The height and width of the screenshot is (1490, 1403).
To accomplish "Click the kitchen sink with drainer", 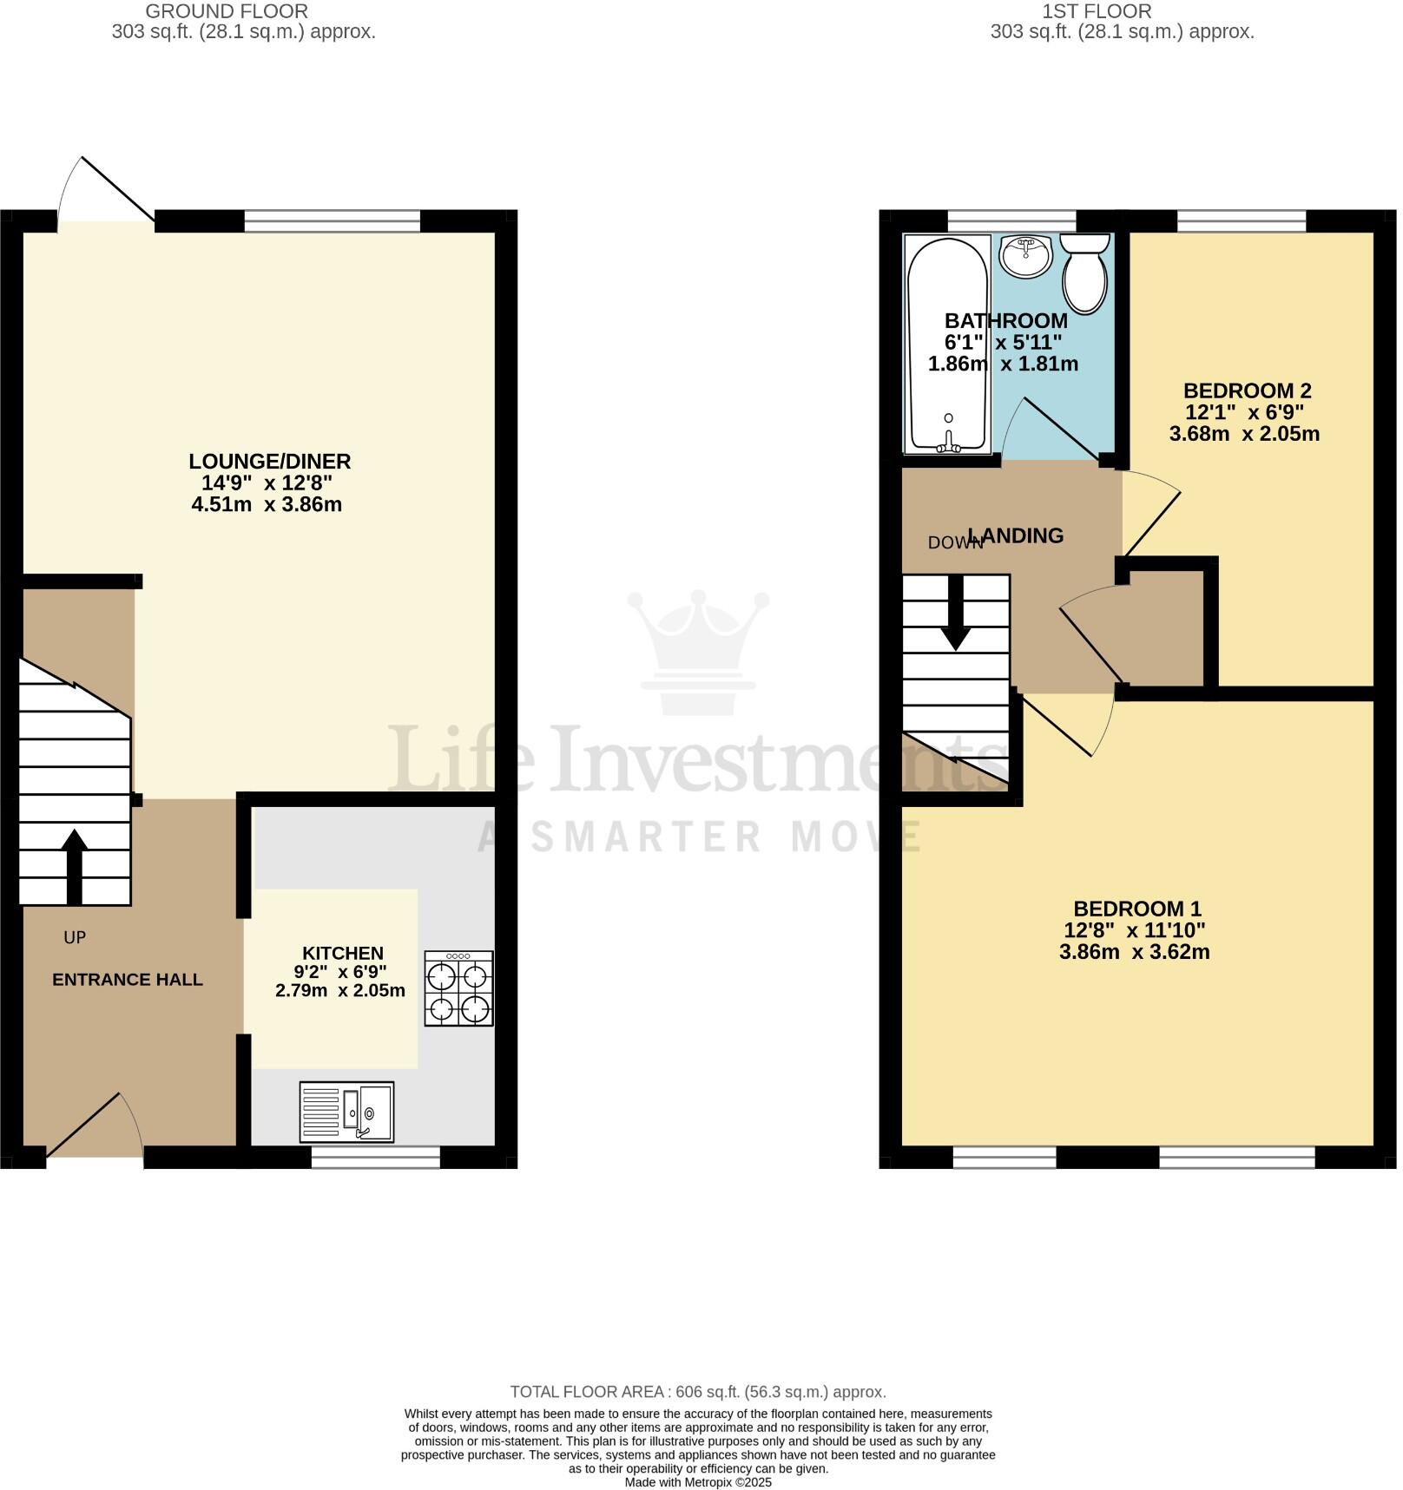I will (346, 1112).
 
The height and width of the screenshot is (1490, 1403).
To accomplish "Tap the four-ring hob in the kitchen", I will (458, 988).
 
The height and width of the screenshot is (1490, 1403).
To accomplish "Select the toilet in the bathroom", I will (1084, 273).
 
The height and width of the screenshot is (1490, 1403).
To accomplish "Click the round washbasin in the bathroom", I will (1025, 255).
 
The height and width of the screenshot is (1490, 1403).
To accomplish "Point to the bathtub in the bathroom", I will (946, 343).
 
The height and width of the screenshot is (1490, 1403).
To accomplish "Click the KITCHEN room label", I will (343, 953).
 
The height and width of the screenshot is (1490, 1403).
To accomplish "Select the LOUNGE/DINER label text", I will (270, 461).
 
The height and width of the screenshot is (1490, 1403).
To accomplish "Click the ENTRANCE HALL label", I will (128, 980).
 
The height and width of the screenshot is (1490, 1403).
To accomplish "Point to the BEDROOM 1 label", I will (1137, 909).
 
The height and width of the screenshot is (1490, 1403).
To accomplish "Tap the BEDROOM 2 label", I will (1247, 391).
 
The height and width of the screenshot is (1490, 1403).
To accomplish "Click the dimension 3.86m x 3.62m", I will (1134, 952).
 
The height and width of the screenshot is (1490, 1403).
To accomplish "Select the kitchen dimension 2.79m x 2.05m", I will (340, 990).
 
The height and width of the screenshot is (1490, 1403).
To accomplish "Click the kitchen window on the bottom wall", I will (376, 1157).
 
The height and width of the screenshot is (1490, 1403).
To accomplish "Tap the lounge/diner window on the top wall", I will (333, 221).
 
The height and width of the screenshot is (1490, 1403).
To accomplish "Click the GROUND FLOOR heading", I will (227, 11).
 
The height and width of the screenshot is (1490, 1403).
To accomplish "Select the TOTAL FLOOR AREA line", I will (698, 1392).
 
